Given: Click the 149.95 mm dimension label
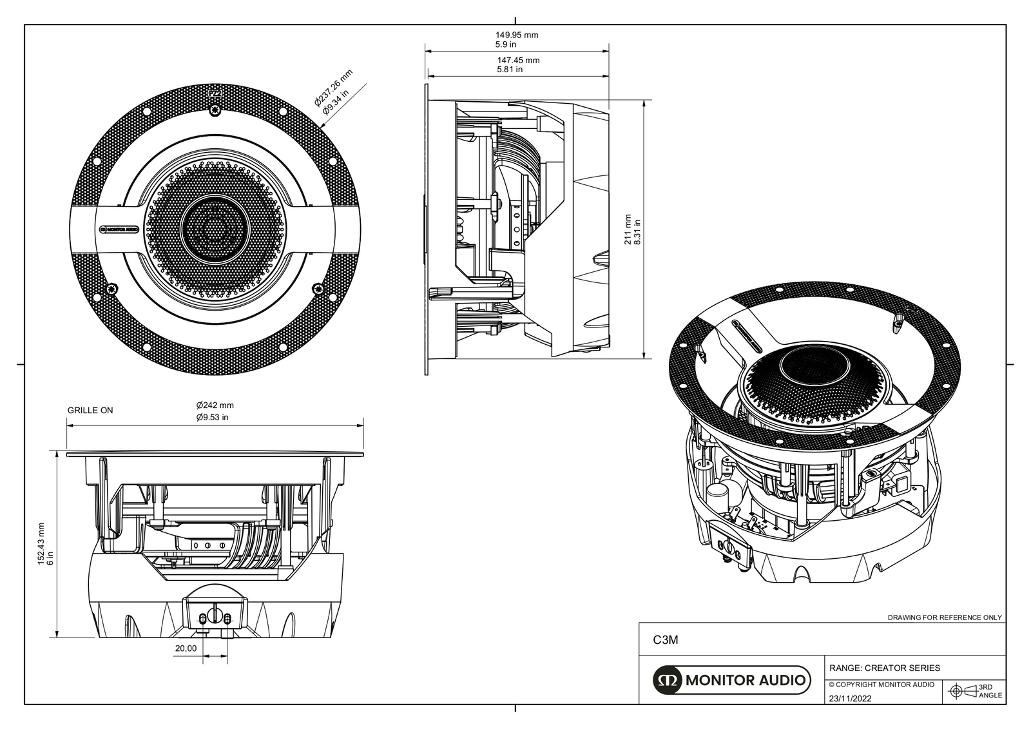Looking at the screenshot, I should [517, 35].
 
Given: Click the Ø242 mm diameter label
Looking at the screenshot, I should [215, 405].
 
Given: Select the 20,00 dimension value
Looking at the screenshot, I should [186, 648].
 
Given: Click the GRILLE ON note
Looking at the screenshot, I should [90, 410].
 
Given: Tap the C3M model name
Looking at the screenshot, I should [666, 640].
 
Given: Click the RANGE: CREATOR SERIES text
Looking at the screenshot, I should [884, 668].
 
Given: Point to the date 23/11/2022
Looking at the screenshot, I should [850, 698].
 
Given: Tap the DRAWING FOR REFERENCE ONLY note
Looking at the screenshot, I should [945, 617].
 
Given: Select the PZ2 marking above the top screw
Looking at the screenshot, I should [216, 93].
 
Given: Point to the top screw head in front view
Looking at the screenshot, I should [215, 111].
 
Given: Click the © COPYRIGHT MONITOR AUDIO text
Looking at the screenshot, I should [881, 685].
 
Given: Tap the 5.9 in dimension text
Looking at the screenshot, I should [505, 45].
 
